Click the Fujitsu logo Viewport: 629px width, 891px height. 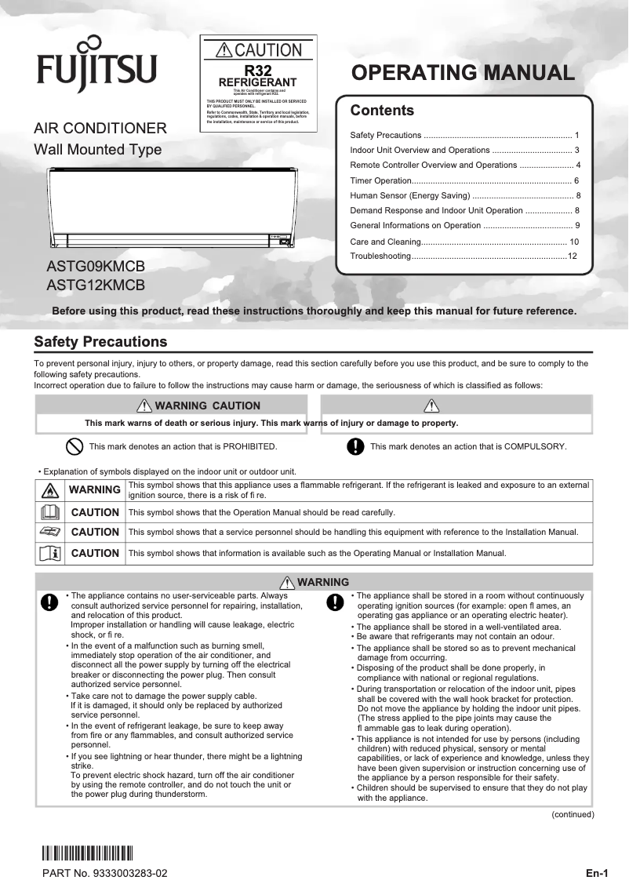(96, 64)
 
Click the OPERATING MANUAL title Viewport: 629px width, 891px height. (463, 73)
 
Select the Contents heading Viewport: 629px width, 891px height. (382, 111)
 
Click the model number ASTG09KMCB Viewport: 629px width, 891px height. (96, 267)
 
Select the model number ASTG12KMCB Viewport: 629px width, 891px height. (96, 285)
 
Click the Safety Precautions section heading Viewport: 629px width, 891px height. (100, 342)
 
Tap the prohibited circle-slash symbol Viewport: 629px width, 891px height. (74, 446)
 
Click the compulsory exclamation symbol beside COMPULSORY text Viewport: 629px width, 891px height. (355, 446)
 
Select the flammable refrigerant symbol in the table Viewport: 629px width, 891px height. (49, 490)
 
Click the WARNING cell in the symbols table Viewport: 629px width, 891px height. (95, 490)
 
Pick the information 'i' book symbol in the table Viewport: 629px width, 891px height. (49, 553)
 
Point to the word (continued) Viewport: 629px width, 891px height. (573, 814)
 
